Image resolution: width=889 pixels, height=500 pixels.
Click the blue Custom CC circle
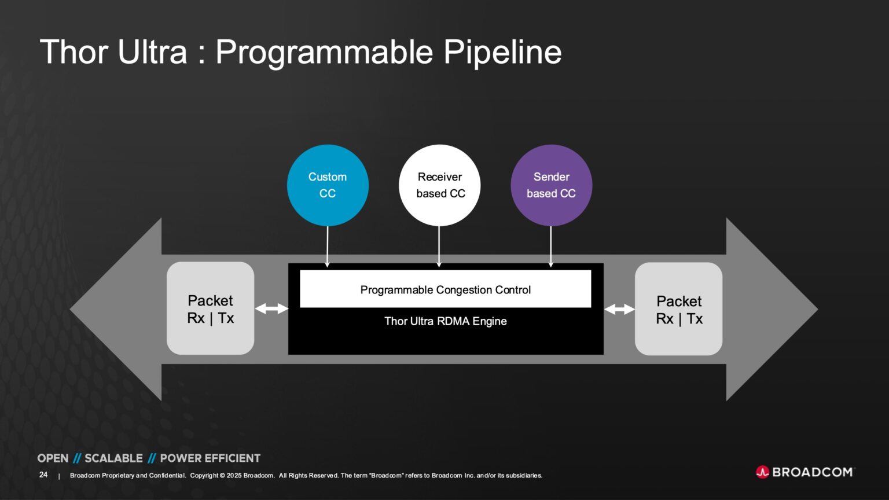[328, 185]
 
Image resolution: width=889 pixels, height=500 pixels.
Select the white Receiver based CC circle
[439, 185]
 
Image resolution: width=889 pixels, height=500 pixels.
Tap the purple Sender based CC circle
[551, 185]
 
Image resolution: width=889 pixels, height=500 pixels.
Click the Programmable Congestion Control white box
[445, 289]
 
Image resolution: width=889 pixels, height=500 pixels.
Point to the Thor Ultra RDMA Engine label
[445, 321]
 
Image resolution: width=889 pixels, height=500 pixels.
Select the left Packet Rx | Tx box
[210, 308]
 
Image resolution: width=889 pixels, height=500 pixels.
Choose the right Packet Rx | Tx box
[678, 309]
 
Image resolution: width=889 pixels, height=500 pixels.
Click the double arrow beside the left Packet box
[271, 308]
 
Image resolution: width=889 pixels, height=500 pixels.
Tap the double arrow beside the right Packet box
[619, 310]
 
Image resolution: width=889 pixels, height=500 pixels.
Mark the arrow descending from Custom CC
[328, 246]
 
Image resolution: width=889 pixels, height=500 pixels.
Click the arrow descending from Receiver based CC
[439, 246]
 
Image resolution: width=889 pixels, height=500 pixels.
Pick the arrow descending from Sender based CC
[551, 246]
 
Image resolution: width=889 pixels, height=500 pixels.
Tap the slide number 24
[43, 475]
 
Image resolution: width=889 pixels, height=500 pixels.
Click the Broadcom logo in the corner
[804, 472]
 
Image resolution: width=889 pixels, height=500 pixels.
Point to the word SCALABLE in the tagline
[113, 458]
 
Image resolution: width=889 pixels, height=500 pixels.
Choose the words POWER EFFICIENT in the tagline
[210, 458]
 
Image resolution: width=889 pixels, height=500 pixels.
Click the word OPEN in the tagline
[53, 458]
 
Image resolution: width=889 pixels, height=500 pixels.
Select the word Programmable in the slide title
[324, 52]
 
